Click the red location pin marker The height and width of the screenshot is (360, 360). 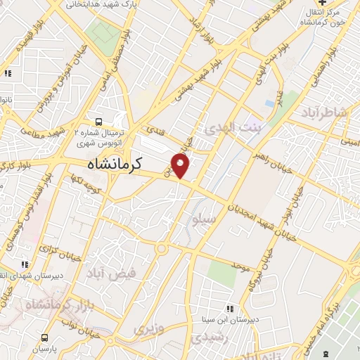click(181, 166)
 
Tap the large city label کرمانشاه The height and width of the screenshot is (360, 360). click(115, 164)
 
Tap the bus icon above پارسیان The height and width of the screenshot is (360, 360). click(45, 337)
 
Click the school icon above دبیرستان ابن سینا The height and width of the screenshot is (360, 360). click(230, 308)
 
